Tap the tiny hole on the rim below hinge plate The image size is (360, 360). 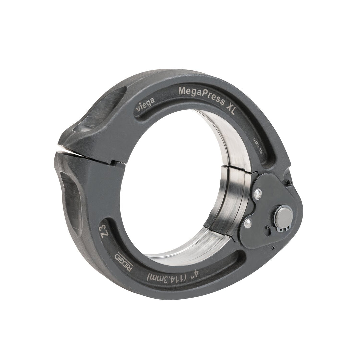pyautogui.click(x=273, y=248)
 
